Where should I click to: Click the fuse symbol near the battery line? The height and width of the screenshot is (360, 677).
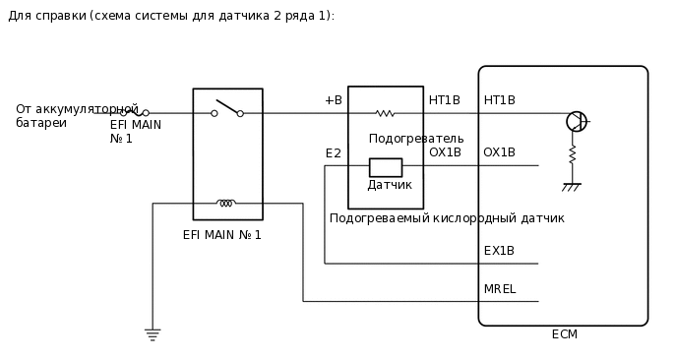pos(134,112)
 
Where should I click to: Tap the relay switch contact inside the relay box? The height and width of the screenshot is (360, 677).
pos(227,108)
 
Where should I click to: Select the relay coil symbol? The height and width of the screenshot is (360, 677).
pos(226,203)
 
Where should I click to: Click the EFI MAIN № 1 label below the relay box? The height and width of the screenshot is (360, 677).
pos(222,235)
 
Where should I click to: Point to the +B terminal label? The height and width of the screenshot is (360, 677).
pos(334,100)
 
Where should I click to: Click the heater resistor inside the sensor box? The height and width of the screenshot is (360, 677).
pos(385,113)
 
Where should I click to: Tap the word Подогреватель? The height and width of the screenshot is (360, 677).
pos(416,139)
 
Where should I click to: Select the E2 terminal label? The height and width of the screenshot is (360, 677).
pos(334,153)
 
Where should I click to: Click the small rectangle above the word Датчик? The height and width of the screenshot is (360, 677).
pos(386,167)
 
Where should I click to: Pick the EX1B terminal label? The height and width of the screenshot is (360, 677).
pos(499,251)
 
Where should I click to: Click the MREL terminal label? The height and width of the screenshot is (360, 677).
pos(500,289)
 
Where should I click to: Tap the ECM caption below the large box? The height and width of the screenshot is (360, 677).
pos(565,334)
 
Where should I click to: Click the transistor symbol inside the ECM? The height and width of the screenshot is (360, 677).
pos(577,121)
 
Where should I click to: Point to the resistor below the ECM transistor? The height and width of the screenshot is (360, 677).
pos(572,155)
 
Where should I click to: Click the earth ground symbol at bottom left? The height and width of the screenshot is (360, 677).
pos(153,334)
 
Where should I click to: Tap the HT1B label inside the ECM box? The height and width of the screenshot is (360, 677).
pos(500,100)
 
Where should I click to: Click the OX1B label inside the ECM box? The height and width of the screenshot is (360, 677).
pos(499,152)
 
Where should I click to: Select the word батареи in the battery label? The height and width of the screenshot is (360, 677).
pos(41,123)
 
